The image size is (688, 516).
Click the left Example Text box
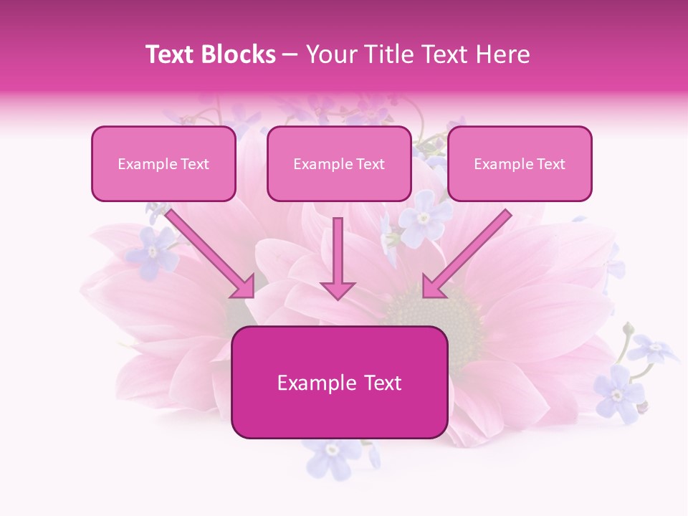point(163,164)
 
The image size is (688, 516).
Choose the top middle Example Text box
point(339,164)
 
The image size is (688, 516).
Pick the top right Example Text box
point(520,164)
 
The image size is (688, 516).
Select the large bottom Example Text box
point(339,383)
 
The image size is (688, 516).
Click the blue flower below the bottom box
point(333,453)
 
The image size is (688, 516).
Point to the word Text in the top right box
point(550,164)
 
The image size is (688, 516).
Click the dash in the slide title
point(290,54)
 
